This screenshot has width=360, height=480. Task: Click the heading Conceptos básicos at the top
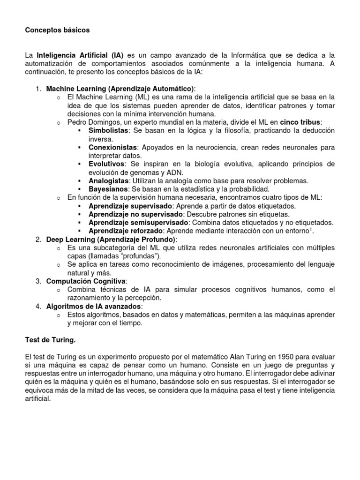pos(57,30)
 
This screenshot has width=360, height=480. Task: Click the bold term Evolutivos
pos(107,164)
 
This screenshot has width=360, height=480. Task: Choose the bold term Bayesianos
pos(108,189)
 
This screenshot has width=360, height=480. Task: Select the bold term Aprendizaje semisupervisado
pos(138,222)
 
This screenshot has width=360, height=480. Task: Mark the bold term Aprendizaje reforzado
pos(125,231)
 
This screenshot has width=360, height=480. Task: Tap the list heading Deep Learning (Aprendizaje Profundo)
pos(111,240)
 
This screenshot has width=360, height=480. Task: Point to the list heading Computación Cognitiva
pos(85,281)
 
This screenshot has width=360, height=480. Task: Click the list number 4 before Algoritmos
pos(38,306)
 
